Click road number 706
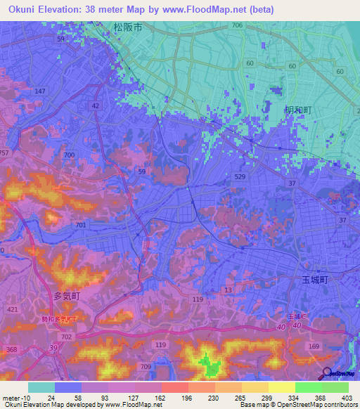[x=237, y=25]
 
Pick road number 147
[x=40, y=92]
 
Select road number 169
[x=313, y=346]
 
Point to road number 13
[x=228, y=290]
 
